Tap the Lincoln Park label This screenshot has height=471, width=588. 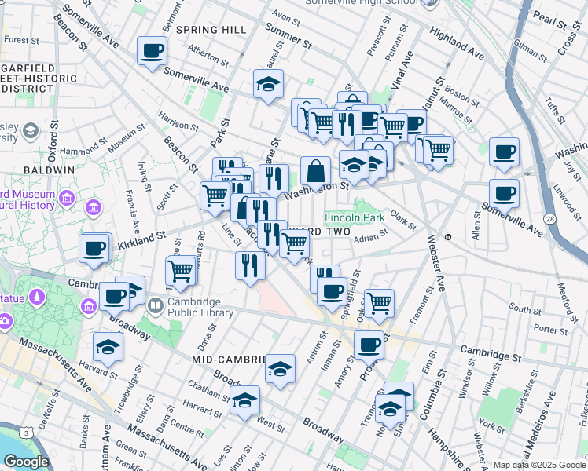[354, 217]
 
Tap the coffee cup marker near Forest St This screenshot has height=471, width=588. [152, 51]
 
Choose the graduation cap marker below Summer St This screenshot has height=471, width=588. [268, 84]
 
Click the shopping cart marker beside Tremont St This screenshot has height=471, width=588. [379, 302]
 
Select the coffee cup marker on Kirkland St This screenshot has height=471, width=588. [94, 249]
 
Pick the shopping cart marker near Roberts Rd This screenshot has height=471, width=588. [181, 271]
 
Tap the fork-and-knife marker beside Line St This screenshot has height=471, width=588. [250, 265]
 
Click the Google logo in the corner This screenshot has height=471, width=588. [26, 461]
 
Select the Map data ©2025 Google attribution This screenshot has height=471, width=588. [539, 465]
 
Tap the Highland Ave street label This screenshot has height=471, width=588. [458, 45]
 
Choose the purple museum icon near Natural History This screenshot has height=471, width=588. [94, 207]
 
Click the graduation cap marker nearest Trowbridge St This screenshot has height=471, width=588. [108, 346]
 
